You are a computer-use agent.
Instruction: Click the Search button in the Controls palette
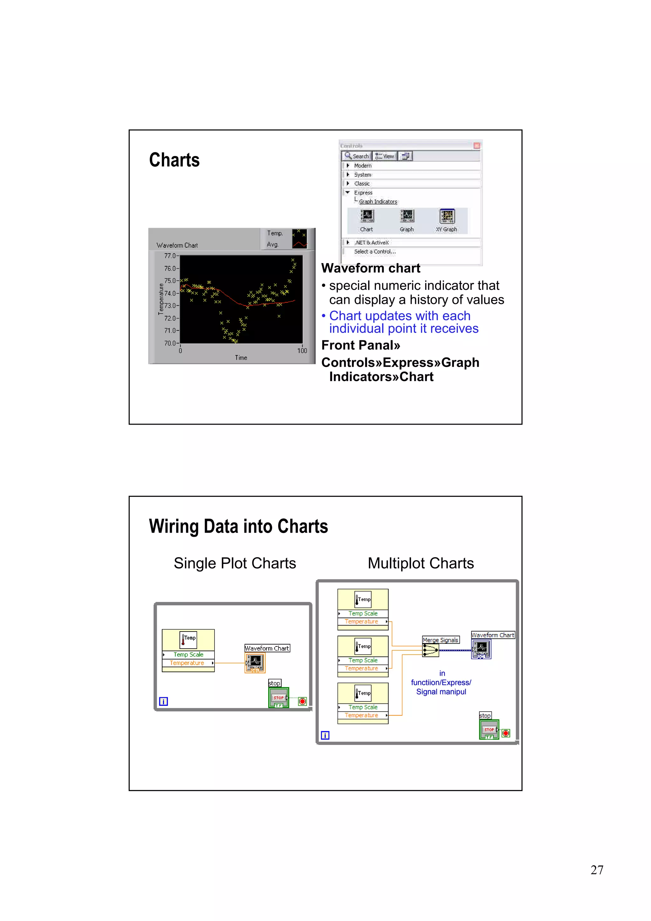point(357,156)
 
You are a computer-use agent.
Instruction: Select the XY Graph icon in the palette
point(447,217)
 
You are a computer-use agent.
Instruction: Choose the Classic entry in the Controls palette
point(362,184)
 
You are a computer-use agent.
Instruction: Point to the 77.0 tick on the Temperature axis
point(170,256)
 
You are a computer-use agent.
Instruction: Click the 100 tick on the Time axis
point(302,351)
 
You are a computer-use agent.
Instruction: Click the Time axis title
point(241,358)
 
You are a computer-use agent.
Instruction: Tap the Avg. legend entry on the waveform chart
point(273,244)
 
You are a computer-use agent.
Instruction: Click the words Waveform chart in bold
point(371,268)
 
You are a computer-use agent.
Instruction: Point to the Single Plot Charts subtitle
point(235,563)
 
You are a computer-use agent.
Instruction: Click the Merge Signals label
point(441,640)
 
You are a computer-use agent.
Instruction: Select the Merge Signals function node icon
point(431,650)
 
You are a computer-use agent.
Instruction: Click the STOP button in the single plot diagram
point(279,698)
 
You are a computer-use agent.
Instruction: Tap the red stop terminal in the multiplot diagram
point(506,733)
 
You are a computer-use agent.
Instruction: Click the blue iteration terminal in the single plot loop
point(163,701)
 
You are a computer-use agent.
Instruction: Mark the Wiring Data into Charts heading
point(238,526)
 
